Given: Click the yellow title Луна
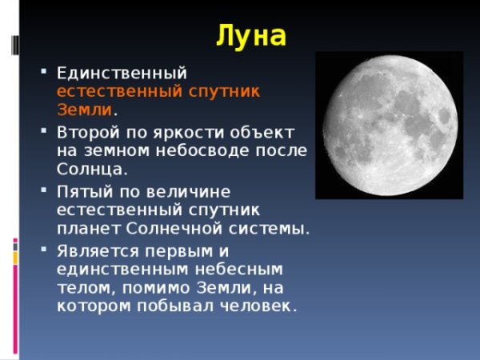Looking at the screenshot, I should (x=250, y=35).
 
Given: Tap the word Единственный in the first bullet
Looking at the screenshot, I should (x=122, y=74).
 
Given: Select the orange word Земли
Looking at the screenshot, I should (x=84, y=110).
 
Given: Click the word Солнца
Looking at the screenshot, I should (x=91, y=170).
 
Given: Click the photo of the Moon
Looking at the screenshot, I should (x=389, y=125).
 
